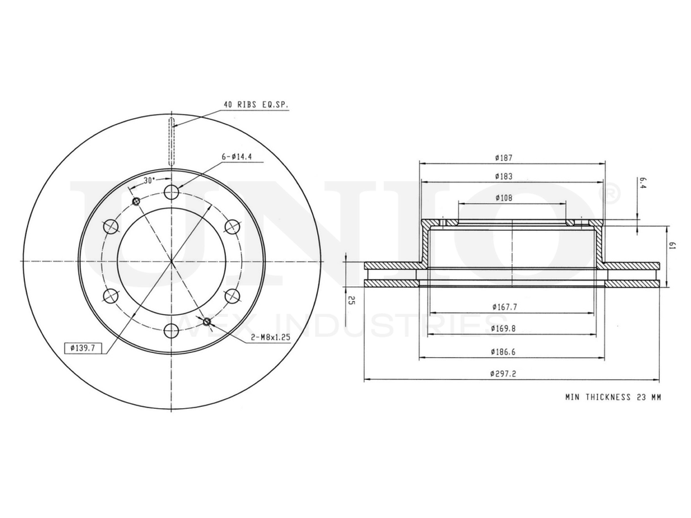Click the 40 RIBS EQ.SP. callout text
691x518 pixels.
click(x=256, y=105)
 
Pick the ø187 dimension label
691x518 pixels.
click(x=512, y=158)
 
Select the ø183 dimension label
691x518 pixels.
click(x=512, y=177)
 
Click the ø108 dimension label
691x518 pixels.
click(x=512, y=198)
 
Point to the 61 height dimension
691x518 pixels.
click(x=671, y=246)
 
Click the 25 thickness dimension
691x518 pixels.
click(x=352, y=300)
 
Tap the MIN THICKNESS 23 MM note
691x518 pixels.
click(x=612, y=398)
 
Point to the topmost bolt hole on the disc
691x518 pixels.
click(x=170, y=193)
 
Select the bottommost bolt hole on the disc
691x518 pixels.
click(x=170, y=329)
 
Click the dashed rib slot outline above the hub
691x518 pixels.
click(x=173, y=142)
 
